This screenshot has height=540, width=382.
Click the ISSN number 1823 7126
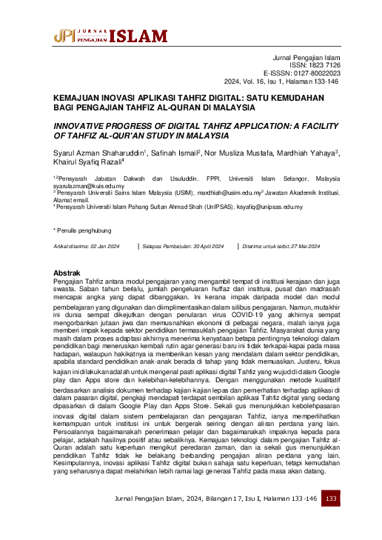click(321, 65)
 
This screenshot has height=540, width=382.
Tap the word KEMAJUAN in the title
click(81, 96)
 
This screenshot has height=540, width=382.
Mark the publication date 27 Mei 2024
click(301, 245)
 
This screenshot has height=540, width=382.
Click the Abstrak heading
click(67, 273)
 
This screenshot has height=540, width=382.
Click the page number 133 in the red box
click(331, 499)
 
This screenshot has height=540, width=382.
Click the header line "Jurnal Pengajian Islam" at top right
click(307, 57)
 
